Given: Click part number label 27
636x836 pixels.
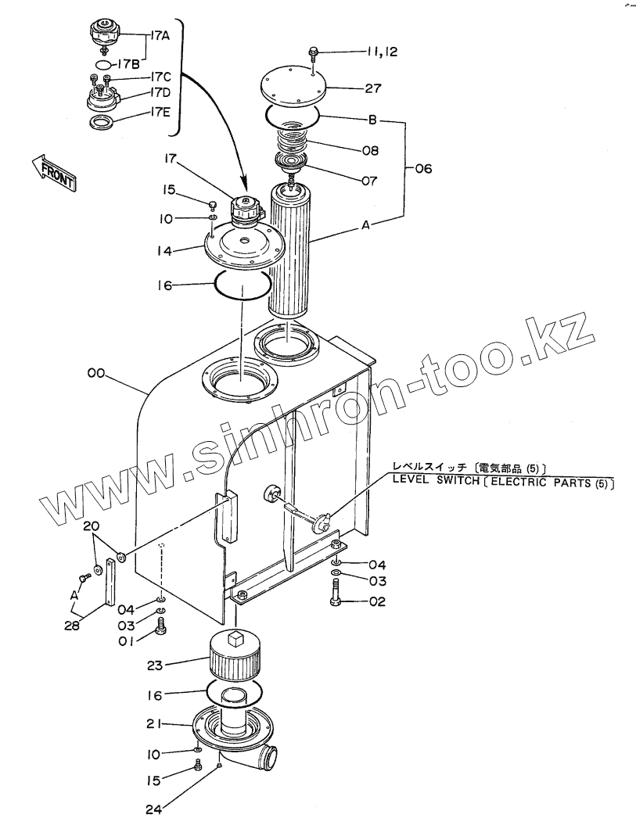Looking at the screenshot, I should tap(373, 88).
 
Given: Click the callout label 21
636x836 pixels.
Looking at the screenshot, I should tap(154, 725).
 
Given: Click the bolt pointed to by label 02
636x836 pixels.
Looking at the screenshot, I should tap(335, 602).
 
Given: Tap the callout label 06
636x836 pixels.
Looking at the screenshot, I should tap(422, 168).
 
